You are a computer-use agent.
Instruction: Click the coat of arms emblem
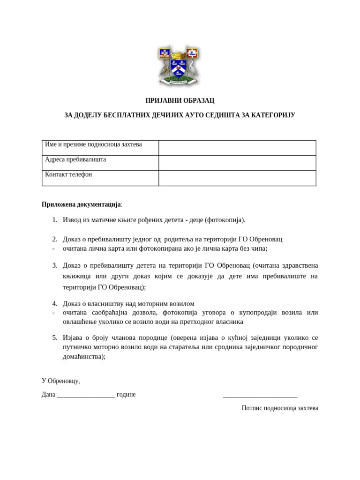coord(179,65)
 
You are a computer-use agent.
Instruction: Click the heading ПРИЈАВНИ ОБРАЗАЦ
coord(180,101)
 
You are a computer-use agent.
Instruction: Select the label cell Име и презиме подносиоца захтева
coord(93,145)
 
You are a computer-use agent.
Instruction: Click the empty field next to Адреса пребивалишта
coord(237,163)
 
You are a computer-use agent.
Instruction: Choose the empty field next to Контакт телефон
coord(237,178)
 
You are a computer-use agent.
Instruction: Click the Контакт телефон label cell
coord(69,174)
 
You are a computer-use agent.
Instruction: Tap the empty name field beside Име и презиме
coord(237,148)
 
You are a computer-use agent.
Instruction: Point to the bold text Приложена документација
coord(81,204)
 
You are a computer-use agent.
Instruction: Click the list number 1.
coord(54,220)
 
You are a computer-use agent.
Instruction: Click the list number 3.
coord(54,265)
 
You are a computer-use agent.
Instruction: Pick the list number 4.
coord(54,304)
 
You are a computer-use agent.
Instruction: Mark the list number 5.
coord(54,337)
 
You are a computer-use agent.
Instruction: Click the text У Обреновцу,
coord(61,381)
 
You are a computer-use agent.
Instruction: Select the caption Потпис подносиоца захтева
coord(280,408)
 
